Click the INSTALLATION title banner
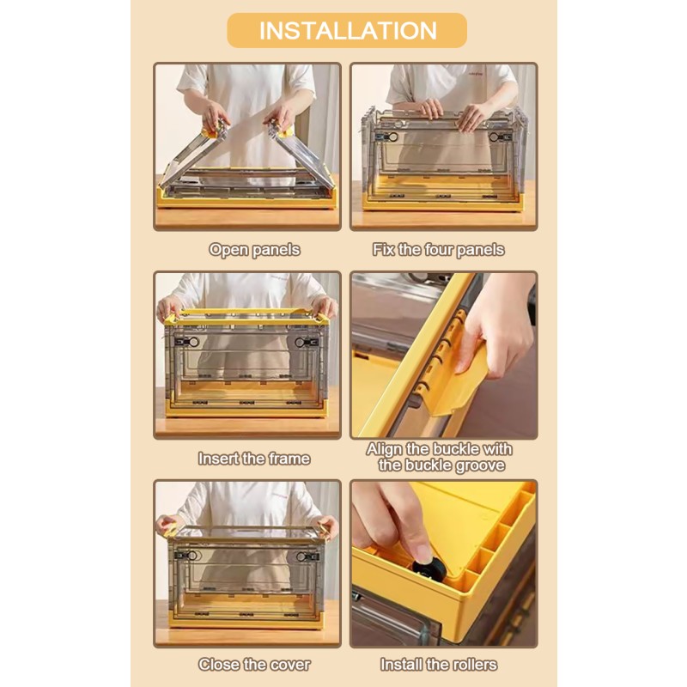click(x=347, y=30)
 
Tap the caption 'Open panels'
click(x=254, y=250)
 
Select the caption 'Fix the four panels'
click(x=439, y=250)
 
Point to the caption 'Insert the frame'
click(x=254, y=459)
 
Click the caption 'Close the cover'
click(x=254, y=665)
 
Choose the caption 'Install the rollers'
click(x=439, y=665)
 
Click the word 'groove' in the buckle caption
click(x=480, y=465)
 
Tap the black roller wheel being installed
click(x=429, y=568)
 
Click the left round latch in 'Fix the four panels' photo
click(x=392, y=137)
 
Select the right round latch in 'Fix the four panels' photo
click(x=495, y=137)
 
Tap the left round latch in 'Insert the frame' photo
click(x=193, y=342)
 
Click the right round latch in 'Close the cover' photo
click(x=301, y=556)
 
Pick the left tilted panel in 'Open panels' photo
click(x=192, y=157)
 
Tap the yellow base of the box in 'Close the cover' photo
click(x=246, y=617)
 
